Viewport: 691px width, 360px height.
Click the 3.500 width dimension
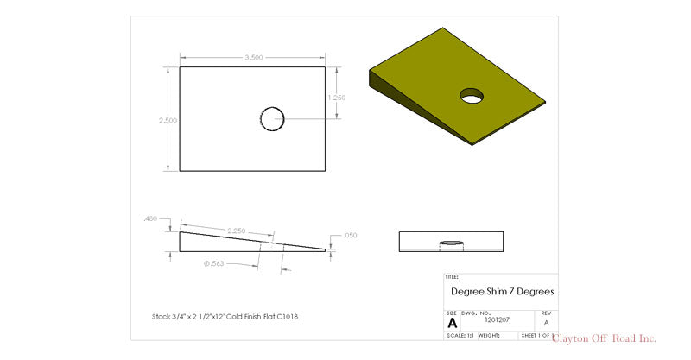tap(253, 58)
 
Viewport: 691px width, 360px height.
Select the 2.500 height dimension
tap(168, 120)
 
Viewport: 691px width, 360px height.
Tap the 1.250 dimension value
tap(336, 98)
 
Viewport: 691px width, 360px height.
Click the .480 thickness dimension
tap(150, 219)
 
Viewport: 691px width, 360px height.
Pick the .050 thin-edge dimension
tap(350, 235)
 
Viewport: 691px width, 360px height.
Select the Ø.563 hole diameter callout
tap(214, 263)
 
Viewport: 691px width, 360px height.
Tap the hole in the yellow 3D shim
tap(472, 96)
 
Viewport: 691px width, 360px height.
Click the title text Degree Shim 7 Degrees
tap(502, 292)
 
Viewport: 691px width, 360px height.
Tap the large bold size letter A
tap(452, 323)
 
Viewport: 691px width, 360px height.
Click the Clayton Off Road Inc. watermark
tap(604, 338)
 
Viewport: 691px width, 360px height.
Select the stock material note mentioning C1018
tap(225, 316)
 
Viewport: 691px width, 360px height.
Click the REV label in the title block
tap(545, 313)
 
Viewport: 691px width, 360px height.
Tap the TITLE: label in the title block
tap(452, 277)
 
